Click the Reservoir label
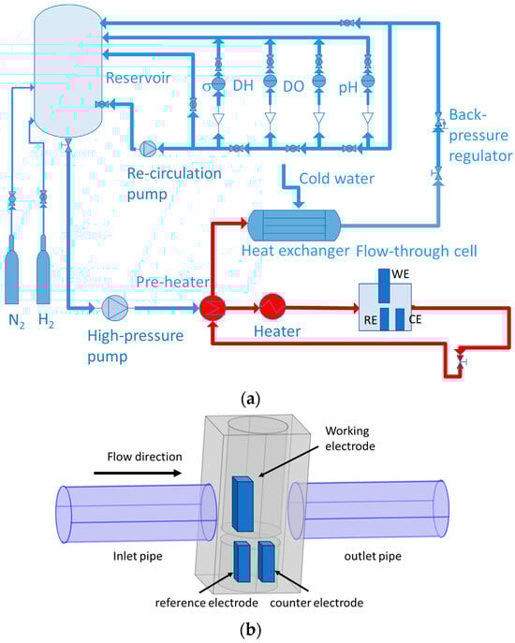[138, 78]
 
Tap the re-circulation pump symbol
[147, 149]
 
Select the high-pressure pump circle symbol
[114, 308]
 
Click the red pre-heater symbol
[213, 307]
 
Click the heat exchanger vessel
[294, 225]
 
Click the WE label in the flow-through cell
[401, 274]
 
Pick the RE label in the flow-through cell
[371, 320]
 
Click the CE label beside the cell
[416, 319]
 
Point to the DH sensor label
[243, 85]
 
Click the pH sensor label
[348, 87]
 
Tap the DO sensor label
[293, 86]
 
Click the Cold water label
[336, 179]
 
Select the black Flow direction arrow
[138, 474]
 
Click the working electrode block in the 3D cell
[243, 504]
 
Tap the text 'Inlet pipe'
[138, 556]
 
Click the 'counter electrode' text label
[316, 603]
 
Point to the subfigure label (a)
[251, 398]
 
